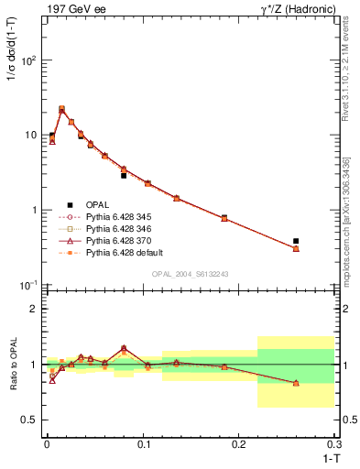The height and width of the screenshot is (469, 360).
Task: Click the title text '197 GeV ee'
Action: click(71, 8)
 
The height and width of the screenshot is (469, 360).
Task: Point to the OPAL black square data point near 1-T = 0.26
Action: click(296, 241)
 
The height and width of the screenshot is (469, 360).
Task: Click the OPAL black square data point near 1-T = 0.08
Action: click(124, 175)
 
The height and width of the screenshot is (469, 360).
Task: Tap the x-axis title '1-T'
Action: click(326, 457)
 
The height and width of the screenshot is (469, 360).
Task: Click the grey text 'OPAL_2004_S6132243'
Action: click(190, 275)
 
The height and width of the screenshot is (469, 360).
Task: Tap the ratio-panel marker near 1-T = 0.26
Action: click(296, 383)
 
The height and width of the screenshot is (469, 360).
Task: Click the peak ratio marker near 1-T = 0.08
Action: click(124, 348)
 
